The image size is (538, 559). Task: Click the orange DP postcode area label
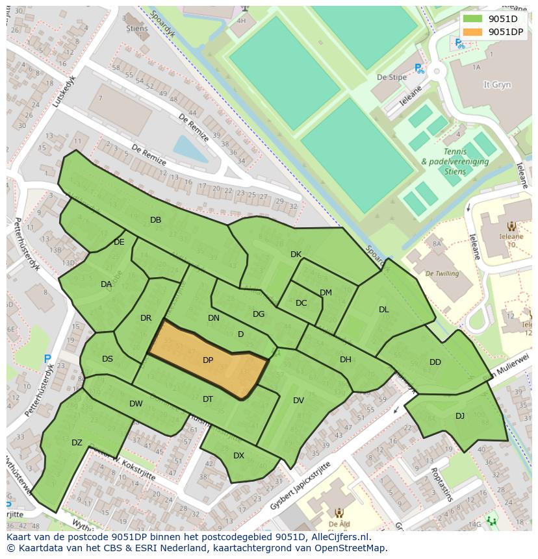point(208,360)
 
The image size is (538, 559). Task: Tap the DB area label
point(155,220)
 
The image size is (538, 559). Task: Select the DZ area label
point(77,443)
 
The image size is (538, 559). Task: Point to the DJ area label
point(460,416)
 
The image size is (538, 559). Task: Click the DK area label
point(296,255)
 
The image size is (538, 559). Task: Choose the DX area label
point(238,456)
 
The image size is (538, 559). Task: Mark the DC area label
point(301,303)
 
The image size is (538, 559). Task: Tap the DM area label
point(326,293)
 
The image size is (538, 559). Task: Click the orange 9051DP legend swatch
point(473,32)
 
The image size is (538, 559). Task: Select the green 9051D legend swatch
point(473,19)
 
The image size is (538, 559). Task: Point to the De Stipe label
point(392,77)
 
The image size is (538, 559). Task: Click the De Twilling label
point(442,274)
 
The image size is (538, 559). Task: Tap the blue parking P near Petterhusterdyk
point(47,358)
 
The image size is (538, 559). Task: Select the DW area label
point(136,404)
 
